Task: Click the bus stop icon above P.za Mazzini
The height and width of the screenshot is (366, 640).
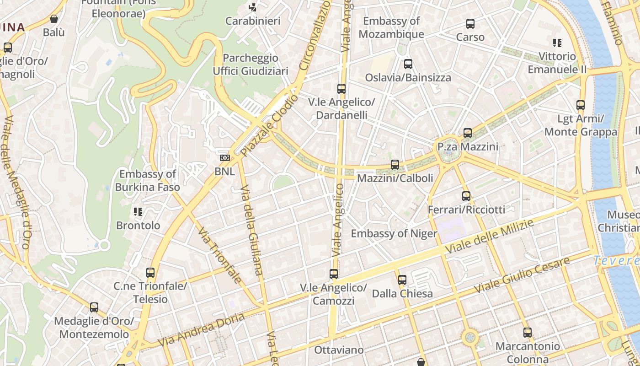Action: (x=467, y=133)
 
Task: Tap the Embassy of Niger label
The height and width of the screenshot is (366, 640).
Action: (x=394, y=233)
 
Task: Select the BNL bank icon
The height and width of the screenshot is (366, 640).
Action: (x=225, y=158)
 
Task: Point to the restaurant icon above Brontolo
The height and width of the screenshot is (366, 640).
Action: (x=138, y=211)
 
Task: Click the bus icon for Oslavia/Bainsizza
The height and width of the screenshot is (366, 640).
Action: (x=408, y=64)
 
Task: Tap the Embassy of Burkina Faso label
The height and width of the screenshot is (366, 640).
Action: (x=147, y=180)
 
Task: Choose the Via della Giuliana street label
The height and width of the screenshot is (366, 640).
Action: (x=252, y=230)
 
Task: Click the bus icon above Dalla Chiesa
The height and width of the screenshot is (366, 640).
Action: (x=402, y=280)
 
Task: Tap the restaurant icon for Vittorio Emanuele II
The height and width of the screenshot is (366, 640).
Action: (x=557, y=43)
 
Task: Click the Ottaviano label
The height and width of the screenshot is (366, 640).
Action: (x=339, y=350)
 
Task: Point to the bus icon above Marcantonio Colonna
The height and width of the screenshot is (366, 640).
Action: (x=528, y=332)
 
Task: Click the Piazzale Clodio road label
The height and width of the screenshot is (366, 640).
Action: (x=269, y=125)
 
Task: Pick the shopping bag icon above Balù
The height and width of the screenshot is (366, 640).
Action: (x=54, y=19)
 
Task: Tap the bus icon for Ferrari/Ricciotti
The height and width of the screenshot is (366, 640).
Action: (x=466, y=196)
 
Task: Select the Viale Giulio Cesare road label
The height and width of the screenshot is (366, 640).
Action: (x=522, y=275)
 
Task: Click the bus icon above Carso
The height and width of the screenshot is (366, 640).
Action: (x=470, y=24)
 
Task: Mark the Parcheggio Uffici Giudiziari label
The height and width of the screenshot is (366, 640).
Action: (x=251, y=65)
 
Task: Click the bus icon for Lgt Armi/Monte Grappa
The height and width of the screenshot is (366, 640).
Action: (x=581, y=105)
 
